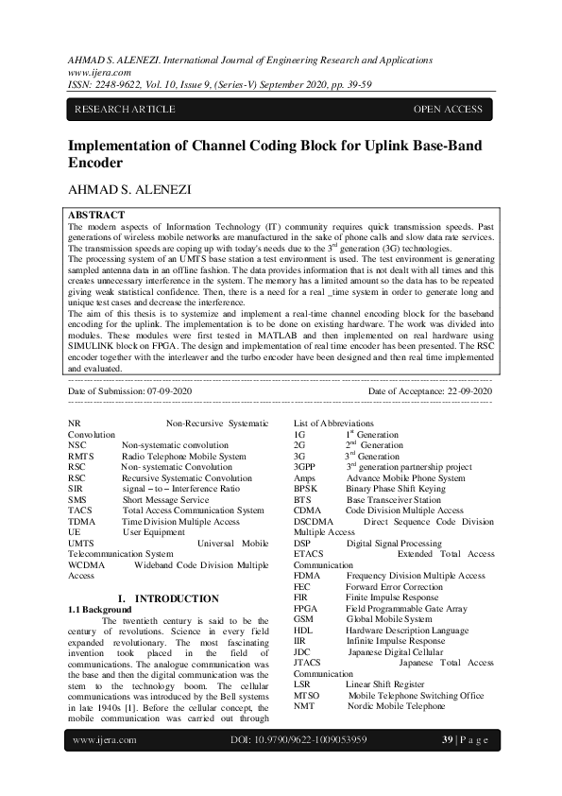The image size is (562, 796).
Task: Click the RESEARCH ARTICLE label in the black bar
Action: (x=125, y=110)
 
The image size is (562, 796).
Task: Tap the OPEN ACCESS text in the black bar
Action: (x=448, y=110)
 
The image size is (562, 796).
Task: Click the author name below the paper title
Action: (x=129, y=189)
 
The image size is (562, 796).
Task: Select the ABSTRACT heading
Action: (x=97, y=216)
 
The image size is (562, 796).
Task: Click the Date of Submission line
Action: (x=129, y=390)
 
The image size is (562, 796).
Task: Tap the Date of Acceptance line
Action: (x=430, y=390)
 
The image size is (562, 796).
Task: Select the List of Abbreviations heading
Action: (x=333, y=424)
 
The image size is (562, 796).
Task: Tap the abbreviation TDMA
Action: (x=82, y=522)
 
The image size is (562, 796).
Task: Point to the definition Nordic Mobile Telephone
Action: (x=395, y=705)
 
